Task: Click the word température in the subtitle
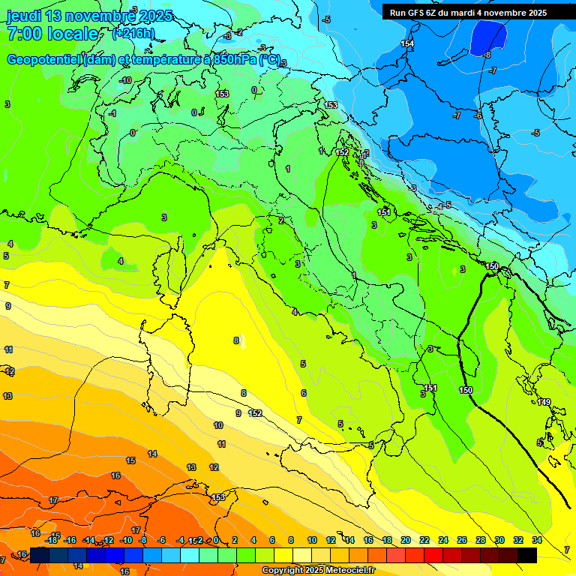[175, 59]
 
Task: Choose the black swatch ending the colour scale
[527, 554]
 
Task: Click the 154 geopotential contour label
[407, 44]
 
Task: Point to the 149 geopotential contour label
[544, 403]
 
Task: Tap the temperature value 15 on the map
[130, 460]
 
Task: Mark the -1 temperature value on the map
[112, 113]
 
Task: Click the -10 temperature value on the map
[125, 80]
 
